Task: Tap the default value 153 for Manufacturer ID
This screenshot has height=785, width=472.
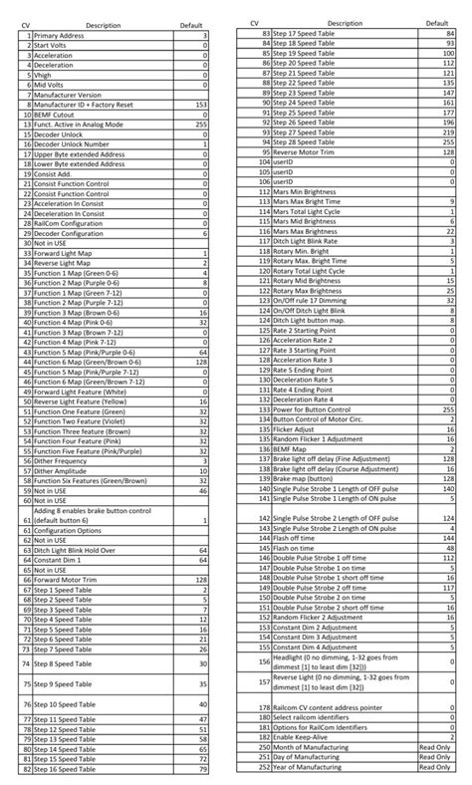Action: click(x=202, y=103)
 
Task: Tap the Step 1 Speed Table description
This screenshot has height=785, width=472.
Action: click(x=70, y=591)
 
